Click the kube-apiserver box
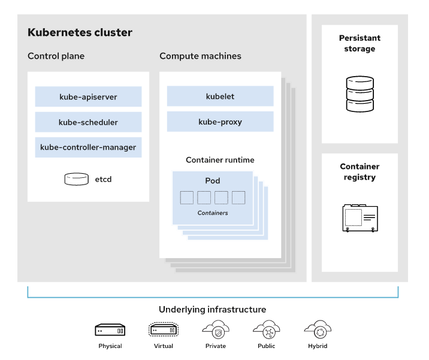[x=88, y=96]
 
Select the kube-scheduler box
[x=88, y=122]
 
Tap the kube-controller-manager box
[x=88, y=147]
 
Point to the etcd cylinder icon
[x=76, y=179]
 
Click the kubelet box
[x=220, y=96]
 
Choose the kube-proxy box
[x=220, y=122]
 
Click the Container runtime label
[x=220, y=160]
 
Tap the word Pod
[x=213, y=180]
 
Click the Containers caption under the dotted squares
[x=213, y=213]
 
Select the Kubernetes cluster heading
[x=80, y=32]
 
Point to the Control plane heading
[x=56, y=56]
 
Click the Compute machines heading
[x=200, y=56]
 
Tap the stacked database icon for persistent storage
[x=359, y=94]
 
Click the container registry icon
[x=360, y=218]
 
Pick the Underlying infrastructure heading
[x=212, y=310]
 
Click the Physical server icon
[x=110, y=329]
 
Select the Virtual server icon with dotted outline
[x=164, y=329]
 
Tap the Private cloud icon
[x=216, y=329]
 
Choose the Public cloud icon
[x=267, y=329]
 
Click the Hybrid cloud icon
[x=318, y=329]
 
